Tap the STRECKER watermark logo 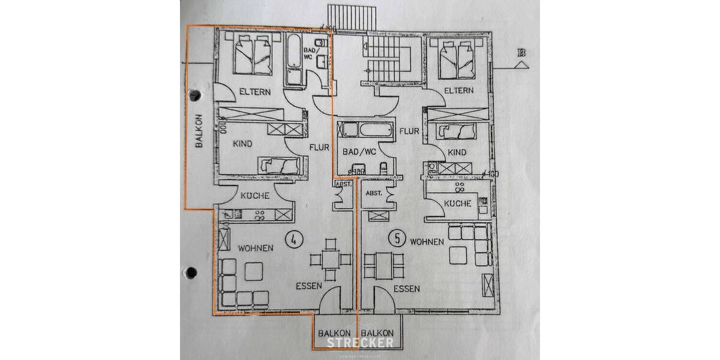click(359, 343)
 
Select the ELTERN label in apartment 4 click(255, 92)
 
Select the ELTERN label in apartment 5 click(458, 91)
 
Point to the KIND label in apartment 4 click(242, 144)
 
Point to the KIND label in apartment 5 click(457, 152)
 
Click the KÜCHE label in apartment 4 click(254, 196)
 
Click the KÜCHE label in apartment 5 click(458, 204)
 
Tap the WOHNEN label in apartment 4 click(256, 248)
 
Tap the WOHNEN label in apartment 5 click(427, 241)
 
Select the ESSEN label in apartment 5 click(406, 289)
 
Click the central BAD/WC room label click(359, 152)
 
